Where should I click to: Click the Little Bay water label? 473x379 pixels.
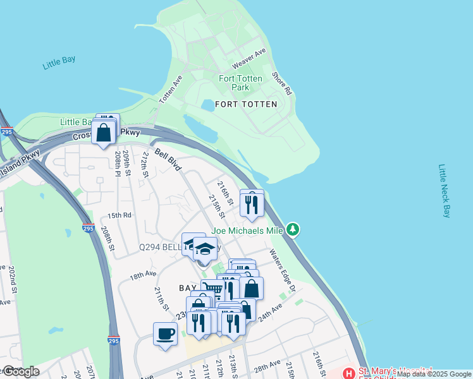tap(59, 63)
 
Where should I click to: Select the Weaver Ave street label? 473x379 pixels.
tap(249, 60)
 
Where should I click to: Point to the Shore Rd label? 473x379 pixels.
tap(282, 83)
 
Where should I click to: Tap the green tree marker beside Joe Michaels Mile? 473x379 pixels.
tap(292, 230)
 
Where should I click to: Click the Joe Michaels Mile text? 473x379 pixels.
tap(247, 231)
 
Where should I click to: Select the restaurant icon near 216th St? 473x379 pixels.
tap(252, 203)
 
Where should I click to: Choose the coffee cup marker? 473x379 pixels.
tap(165, 334)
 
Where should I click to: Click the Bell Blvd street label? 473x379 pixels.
tap(168, 160)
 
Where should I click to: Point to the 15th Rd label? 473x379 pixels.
tap(119, 215)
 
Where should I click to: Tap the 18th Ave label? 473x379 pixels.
tap(143, 276)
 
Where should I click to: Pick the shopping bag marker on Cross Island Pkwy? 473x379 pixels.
tap(103, 133)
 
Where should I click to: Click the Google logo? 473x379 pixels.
tap(21, 371)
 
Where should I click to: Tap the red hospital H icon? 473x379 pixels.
tap(349, 373)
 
